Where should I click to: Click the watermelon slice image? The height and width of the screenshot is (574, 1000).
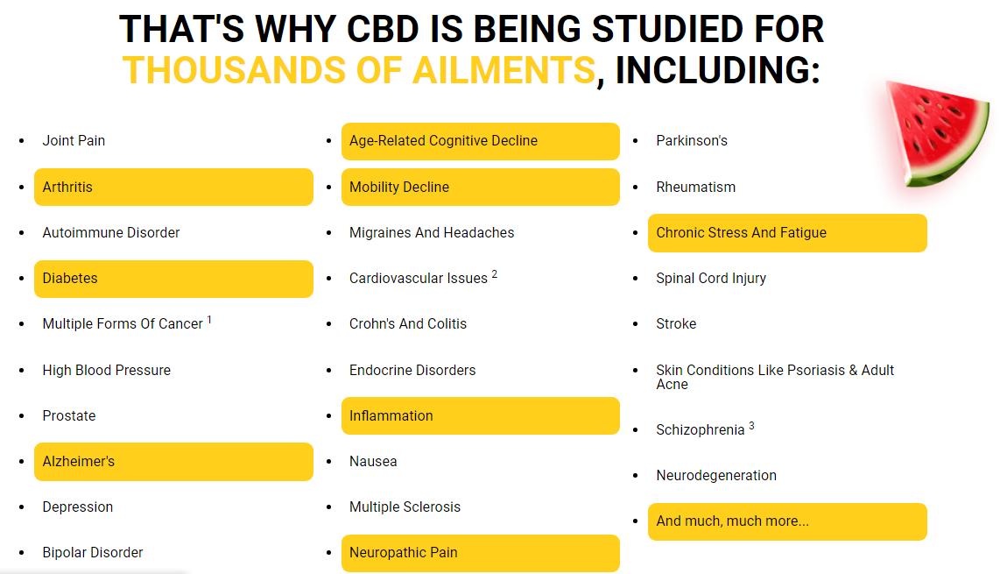click(x=936, y=135)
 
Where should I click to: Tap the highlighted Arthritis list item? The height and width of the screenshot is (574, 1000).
click(x=173, y=187)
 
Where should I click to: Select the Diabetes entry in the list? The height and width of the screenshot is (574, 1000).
click(x=173, y=279)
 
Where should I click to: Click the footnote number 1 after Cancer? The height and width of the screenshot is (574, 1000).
click(x=209, y=320)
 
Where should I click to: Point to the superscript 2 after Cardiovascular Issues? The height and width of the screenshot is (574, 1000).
click(x=494, y=274)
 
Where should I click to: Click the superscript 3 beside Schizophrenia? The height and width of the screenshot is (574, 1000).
click(x=751, y=426)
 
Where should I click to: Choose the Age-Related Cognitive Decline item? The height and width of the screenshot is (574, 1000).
click(x=480, y=141)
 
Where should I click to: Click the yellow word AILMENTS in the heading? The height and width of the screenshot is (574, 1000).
click(x=504, y=70)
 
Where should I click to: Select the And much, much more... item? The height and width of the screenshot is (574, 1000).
click(x=787, y=521)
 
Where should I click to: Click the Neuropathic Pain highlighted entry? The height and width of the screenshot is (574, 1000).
click(x=480, y=553)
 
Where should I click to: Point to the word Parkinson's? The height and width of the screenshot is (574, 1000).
click(x=691, y=140)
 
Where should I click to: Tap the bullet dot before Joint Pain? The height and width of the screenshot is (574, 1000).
click(x=22, y=140)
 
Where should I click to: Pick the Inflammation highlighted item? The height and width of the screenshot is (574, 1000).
click(x=480, y=415)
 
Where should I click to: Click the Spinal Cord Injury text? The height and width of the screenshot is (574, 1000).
click(x=711, y=279)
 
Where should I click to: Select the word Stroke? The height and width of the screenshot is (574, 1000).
click(x=676, y=323)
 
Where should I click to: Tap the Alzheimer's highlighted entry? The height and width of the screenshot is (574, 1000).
click(x=173, y=462)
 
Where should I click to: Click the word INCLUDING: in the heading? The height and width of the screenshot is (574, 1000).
click(x=717, y=70)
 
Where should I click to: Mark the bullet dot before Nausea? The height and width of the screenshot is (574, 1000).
click(x=329, y=461)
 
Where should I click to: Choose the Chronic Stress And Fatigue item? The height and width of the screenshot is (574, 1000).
click(x=787, y=233)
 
